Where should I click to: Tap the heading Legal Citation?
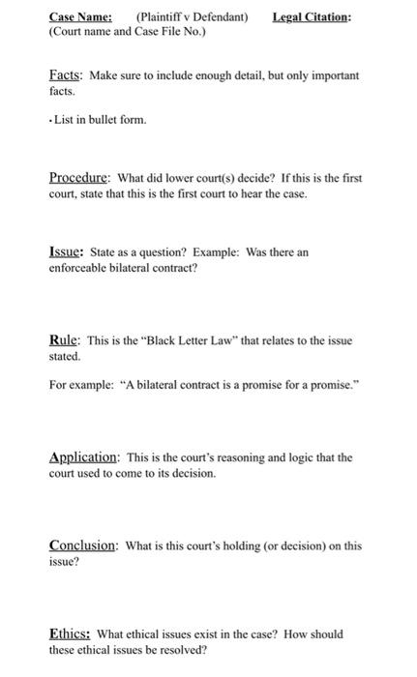coord(313,16)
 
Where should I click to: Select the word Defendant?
coord(221,16)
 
